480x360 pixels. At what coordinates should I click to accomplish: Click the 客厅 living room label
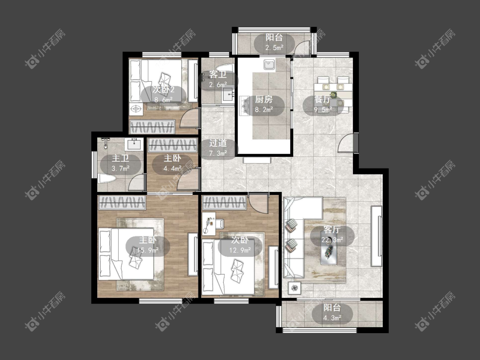point(332,229)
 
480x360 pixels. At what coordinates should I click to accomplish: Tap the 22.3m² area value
point(332,240)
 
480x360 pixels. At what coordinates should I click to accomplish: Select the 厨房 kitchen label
point(264,99)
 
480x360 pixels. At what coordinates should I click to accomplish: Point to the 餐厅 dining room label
point(323,99)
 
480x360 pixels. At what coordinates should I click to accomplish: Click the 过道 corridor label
point(218,143)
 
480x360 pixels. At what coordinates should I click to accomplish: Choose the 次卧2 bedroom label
point(163,90)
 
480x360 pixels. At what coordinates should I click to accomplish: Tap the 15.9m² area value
point(148,250)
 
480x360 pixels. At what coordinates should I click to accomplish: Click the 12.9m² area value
point(240,250)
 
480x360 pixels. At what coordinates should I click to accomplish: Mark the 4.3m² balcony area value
point(332,318)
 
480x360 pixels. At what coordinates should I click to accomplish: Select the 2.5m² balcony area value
point(274,48)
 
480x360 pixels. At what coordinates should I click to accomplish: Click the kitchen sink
point(269,65)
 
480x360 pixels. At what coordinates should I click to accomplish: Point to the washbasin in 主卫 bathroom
point(135,144)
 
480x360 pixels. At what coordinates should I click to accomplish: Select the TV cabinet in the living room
point(376,236)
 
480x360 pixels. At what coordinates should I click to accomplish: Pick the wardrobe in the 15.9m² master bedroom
point(122,203)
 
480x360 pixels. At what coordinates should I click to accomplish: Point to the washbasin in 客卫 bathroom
point(228,95)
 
